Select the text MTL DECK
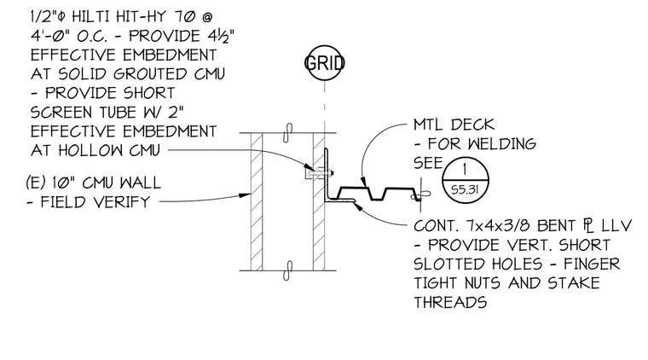coord(454,125)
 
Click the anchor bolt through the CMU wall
coord(320,173)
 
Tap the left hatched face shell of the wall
coord(257,201)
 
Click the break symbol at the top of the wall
coord(288,133)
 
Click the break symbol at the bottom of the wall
coord(288,270)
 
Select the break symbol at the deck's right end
coord(420,195)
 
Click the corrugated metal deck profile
coord(376,194)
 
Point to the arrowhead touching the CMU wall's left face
coord(246,195)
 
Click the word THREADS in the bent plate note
coord(450,302)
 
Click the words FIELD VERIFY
coord(95,202)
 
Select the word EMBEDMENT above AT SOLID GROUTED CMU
coord(170,55)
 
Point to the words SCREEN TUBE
coord(84,113)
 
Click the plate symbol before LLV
coord(588,226)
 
